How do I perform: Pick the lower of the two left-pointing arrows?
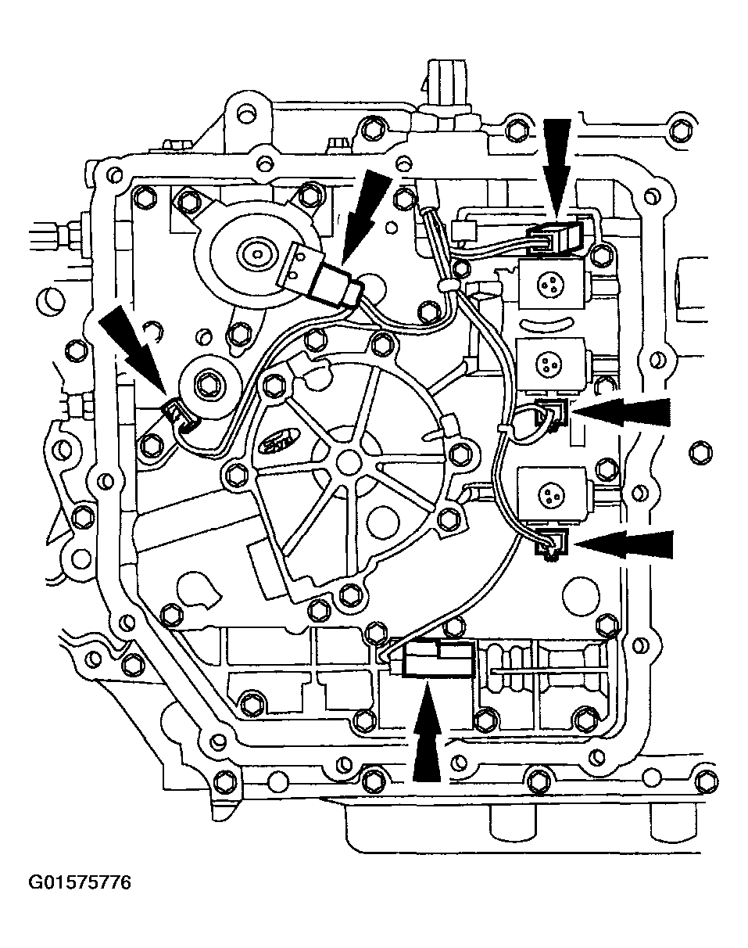(x=622, y=544)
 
